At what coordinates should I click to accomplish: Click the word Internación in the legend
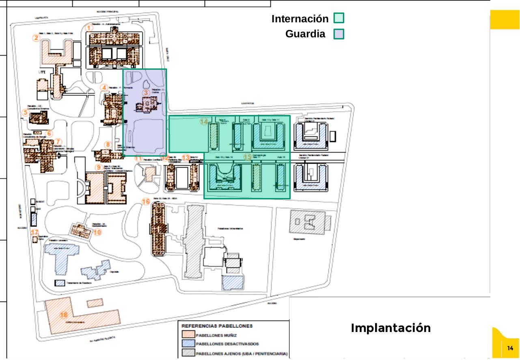pos(300,19)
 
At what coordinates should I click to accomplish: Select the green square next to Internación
pos(339,18)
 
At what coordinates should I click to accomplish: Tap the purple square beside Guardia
pos(339,34)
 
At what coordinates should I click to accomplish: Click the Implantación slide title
pos(391,328)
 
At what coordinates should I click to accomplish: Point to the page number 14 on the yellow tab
pos(510,348)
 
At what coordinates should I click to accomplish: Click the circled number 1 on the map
pos(90,28)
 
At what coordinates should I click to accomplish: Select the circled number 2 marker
pos(37,38)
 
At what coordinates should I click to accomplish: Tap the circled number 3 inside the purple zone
pos(146,93)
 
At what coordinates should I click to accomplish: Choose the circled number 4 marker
pos(104,87)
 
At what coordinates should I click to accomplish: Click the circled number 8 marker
pos(108,144)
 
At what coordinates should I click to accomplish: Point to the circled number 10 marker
pos(97,233)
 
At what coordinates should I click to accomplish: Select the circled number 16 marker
pos(146,202)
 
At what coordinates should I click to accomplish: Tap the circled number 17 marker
pos(35,232)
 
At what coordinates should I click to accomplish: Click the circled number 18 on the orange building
pos(64,315)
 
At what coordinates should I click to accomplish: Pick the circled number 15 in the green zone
pos(247,157)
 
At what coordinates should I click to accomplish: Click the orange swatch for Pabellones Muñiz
pos(188,335)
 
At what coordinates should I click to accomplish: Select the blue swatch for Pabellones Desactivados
pos(188,344)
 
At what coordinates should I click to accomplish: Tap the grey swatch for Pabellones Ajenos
pos(188,353)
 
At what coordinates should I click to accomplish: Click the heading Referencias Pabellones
pos(217,326)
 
